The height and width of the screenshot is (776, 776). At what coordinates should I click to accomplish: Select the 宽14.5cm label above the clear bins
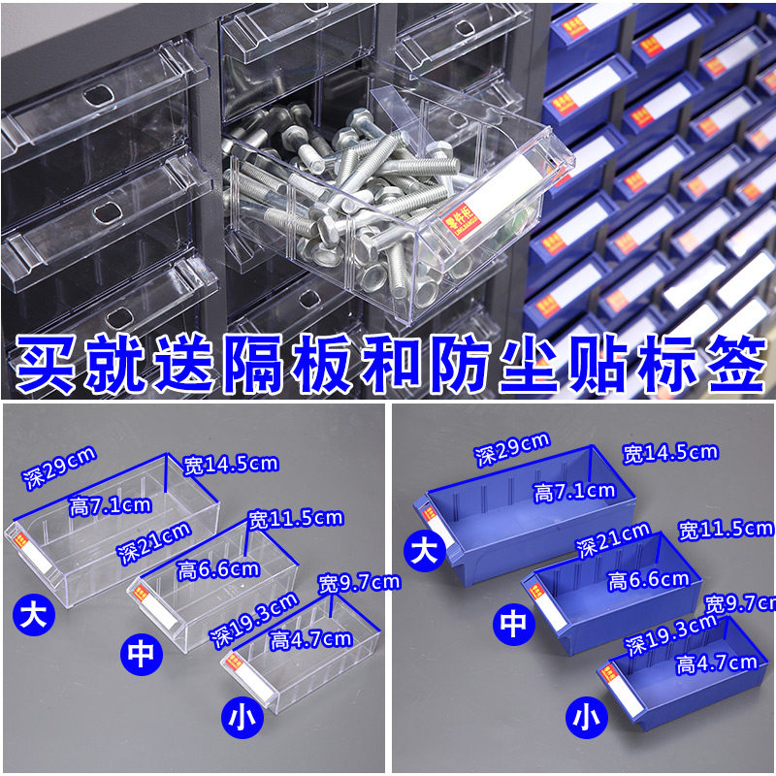point(231,464)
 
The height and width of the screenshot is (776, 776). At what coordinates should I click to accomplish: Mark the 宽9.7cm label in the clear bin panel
point(359,583)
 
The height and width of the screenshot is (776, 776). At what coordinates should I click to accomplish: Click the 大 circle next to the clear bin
point(32,613)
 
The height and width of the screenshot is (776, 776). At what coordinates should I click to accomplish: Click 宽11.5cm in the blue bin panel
point(727,529)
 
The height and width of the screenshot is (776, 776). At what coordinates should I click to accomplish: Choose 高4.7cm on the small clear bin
point(310,638)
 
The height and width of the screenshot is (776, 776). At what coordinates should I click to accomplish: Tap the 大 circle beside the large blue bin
point(425,551)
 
